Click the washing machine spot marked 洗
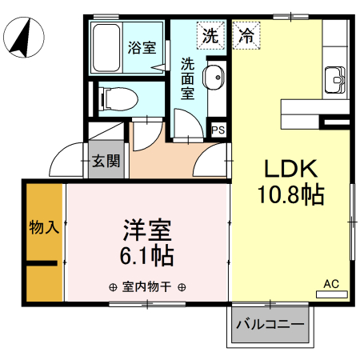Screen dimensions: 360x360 [210, 35]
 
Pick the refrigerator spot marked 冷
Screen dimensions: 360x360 [246, 35]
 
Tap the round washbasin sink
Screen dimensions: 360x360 [214, 78]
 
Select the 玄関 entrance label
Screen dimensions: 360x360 [106, 160]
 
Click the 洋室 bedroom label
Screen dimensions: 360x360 [147, 230]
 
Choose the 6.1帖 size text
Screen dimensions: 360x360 [147, 256]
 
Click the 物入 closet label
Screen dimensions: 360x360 [44, 227]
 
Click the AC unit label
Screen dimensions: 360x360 [331, 283]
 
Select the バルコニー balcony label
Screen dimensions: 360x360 [270, 326]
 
